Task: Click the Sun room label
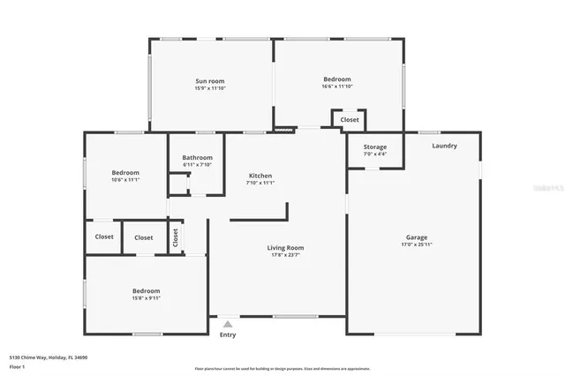point(210,80)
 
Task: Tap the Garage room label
point(417,237)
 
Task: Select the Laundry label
point(444,146)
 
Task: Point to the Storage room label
point(375,147)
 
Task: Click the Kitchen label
point(260,176)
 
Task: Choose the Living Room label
point(285,248)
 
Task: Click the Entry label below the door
point(228,335)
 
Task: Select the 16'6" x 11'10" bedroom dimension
point(337,86)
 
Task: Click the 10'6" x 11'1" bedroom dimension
point(125,180)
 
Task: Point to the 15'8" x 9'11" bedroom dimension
point(147,298)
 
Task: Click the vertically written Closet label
point(176,237)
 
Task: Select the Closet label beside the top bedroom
point(350,119)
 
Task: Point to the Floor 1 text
point(18,366)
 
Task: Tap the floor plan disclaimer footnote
point(282,369)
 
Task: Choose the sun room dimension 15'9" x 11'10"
point(210,87)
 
